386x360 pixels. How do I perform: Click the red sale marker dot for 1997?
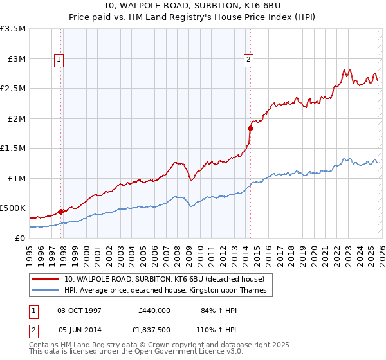(61, 211)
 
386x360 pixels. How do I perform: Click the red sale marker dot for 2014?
(250, 128)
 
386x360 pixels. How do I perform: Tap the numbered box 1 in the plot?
(59, 60)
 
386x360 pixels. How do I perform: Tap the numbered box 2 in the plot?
(248, 60)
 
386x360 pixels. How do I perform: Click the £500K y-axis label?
(13, 208)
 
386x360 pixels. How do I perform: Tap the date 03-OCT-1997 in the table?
(80, 310)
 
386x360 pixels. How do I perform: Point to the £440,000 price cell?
(154, 310)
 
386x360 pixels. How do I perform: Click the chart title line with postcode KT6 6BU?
(193, 6)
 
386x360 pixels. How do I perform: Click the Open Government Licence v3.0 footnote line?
(127, 353)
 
